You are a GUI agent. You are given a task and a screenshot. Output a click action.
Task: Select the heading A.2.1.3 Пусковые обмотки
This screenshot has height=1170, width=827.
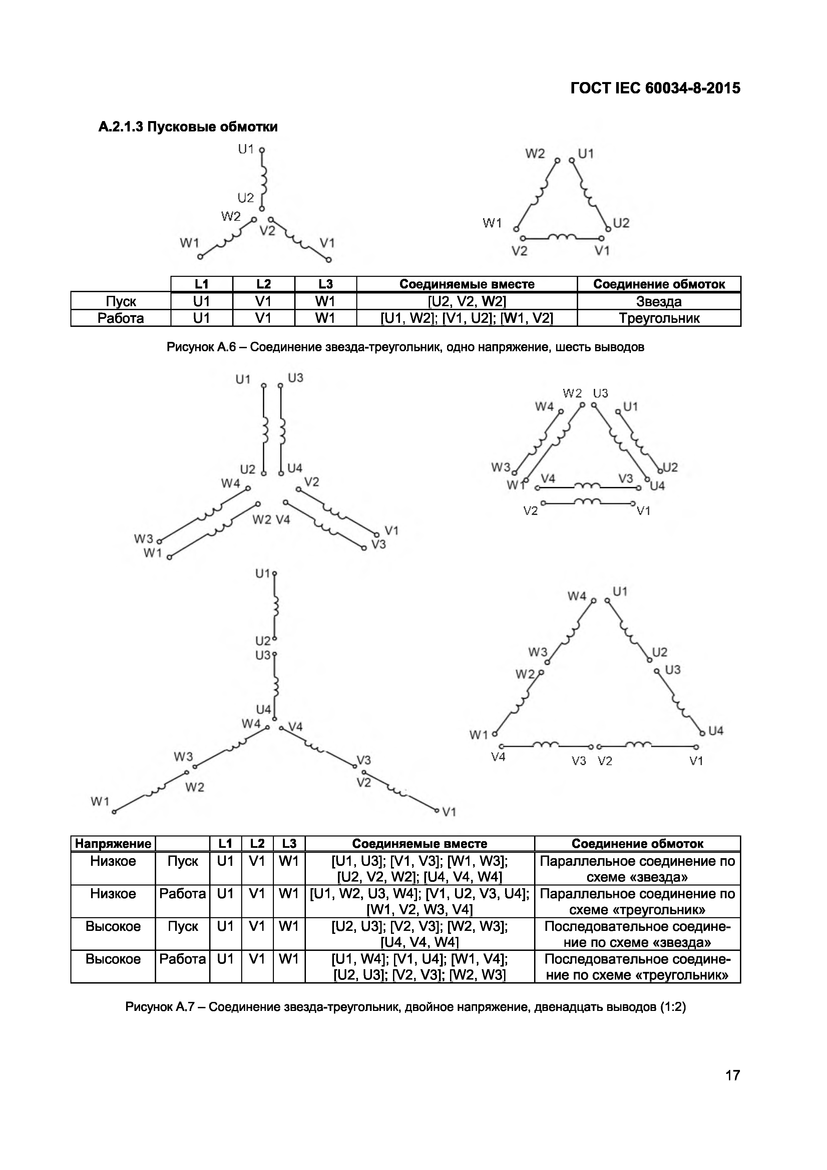tap(188, 126)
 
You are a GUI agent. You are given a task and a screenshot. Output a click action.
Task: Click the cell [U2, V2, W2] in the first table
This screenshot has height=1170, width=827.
tap(466, 301)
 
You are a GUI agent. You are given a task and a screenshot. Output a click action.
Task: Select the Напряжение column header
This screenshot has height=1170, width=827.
tap(113, 843)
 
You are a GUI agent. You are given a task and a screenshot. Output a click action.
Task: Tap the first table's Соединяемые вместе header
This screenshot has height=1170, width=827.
tap(466, 284)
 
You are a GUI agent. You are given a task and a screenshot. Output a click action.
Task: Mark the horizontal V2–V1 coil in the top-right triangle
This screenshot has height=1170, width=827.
tap(561, 237)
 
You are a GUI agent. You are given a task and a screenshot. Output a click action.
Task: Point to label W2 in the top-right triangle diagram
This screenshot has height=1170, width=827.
tap(535, 154)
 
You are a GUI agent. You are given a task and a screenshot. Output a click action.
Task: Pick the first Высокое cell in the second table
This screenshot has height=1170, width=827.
tap(113, 927)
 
